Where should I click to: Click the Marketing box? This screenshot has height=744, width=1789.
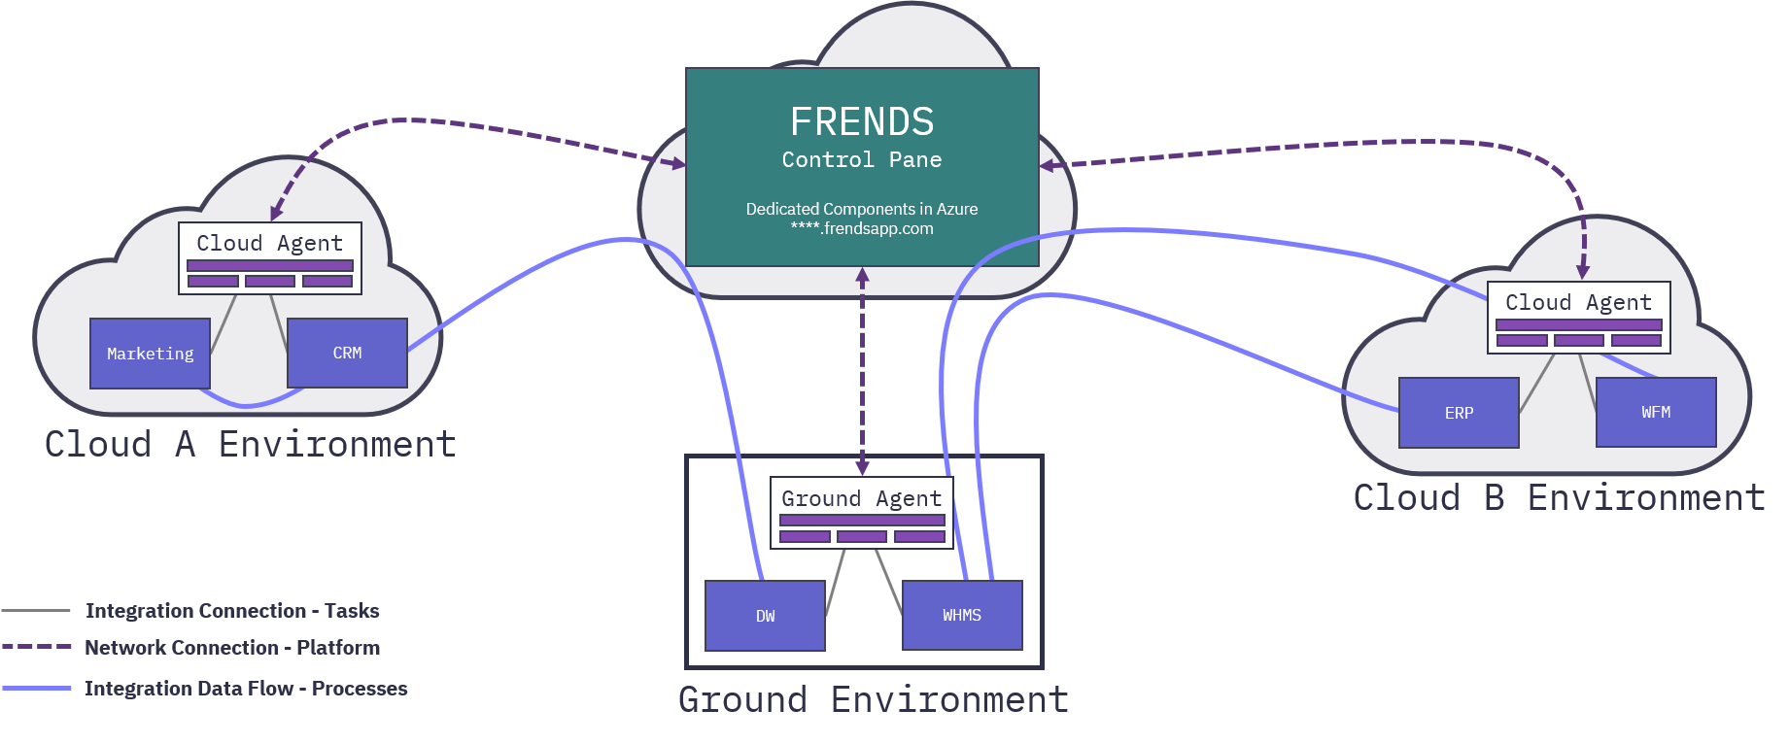pos(150,354)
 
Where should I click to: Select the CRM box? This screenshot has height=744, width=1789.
pos(347,353)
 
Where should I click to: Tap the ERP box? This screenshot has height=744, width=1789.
pos(1459,413)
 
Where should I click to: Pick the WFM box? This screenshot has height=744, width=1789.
pos(1656,412)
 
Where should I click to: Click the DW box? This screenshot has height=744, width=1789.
pos(765,616)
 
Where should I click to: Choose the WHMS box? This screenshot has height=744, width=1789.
pos(962,615)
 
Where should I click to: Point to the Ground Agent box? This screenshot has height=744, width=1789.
pos(862,513)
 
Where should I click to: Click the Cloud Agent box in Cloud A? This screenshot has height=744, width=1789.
pos(270,257)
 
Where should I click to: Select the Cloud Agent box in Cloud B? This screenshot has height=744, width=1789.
pos(1578,317)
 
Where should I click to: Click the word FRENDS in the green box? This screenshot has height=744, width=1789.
pos(862,122)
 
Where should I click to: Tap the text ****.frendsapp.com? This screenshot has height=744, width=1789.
pos(862,229)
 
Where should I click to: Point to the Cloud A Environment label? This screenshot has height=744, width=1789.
pos(250,445)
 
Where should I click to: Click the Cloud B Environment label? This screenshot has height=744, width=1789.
pos(1559,498)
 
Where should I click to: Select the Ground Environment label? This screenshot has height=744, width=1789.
pos(874,700)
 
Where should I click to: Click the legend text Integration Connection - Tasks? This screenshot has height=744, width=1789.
pos(232,611)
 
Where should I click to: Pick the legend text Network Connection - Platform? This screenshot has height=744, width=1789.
pos(232,648)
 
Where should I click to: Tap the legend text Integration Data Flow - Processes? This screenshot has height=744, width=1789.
pos(246,689)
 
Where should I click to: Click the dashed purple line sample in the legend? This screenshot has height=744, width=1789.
pos(37,647)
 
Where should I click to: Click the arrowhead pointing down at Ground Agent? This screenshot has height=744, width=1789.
pos(862,467)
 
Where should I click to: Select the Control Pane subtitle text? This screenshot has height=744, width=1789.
pos(862,160)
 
